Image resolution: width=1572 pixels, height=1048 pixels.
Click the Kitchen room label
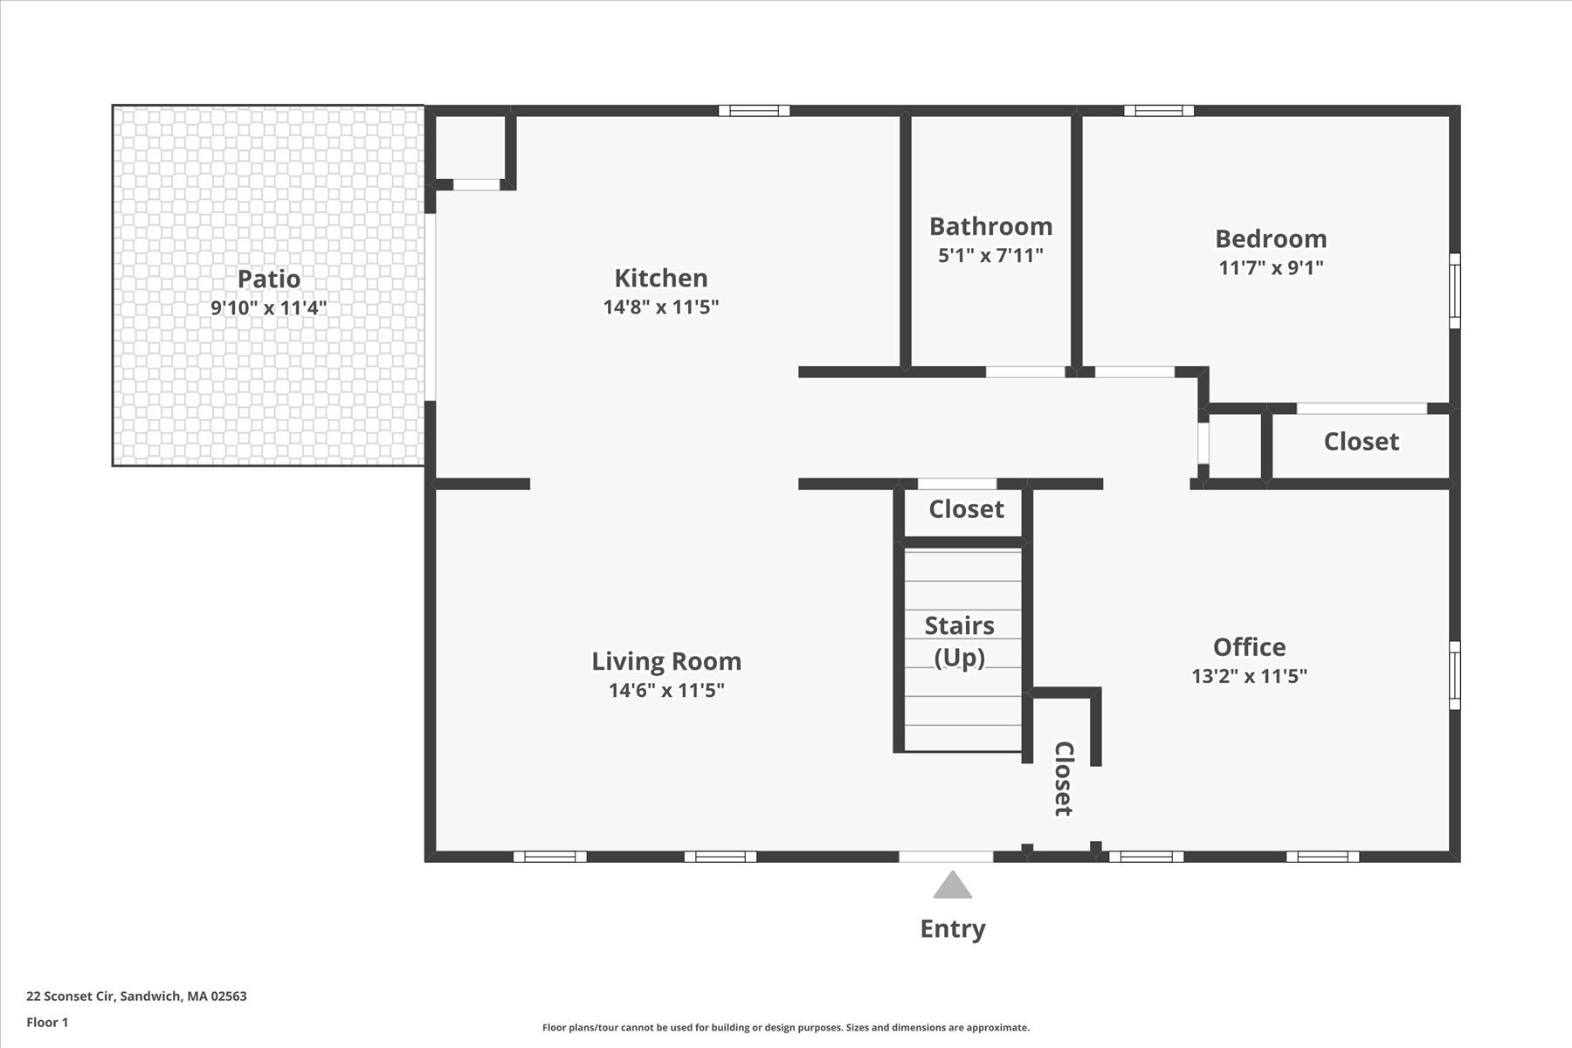(x=661, y=278)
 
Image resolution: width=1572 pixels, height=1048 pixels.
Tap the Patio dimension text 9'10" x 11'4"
(x=269, y=307)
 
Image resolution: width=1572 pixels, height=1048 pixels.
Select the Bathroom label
(x=990, y=226)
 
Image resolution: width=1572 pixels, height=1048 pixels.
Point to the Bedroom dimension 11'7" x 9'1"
(x=1271, y=267)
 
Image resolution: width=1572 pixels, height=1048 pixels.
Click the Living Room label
(x=666, y=661)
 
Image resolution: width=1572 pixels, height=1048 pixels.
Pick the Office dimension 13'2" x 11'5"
(x=1249, y=675)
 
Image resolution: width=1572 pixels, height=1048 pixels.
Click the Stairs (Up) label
(x=960, y=641)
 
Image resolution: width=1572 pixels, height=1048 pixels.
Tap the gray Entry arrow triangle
(x=952, y=886)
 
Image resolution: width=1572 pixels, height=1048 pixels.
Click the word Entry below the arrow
(x=952, y=928)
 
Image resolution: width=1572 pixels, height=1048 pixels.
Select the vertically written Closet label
(x=1063, y=778)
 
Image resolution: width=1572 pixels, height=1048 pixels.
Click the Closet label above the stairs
(x=966, y=509)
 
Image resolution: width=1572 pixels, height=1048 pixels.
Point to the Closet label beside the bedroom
(x=1361, y=442)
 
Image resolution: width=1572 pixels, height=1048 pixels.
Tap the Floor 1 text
(x=47, y=1022)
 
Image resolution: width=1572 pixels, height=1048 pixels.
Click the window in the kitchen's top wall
(x=754, y=111)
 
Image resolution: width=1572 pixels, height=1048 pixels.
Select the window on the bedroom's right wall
(x=1454, y=291)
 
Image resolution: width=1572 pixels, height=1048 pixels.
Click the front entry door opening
(x=946, y=857)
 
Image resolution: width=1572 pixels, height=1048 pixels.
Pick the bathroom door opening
(x=1025, y=372)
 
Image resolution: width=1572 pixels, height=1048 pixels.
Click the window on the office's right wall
(x=1454, y=675)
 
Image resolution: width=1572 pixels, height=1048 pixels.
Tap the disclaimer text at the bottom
(x=786, y=1028)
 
